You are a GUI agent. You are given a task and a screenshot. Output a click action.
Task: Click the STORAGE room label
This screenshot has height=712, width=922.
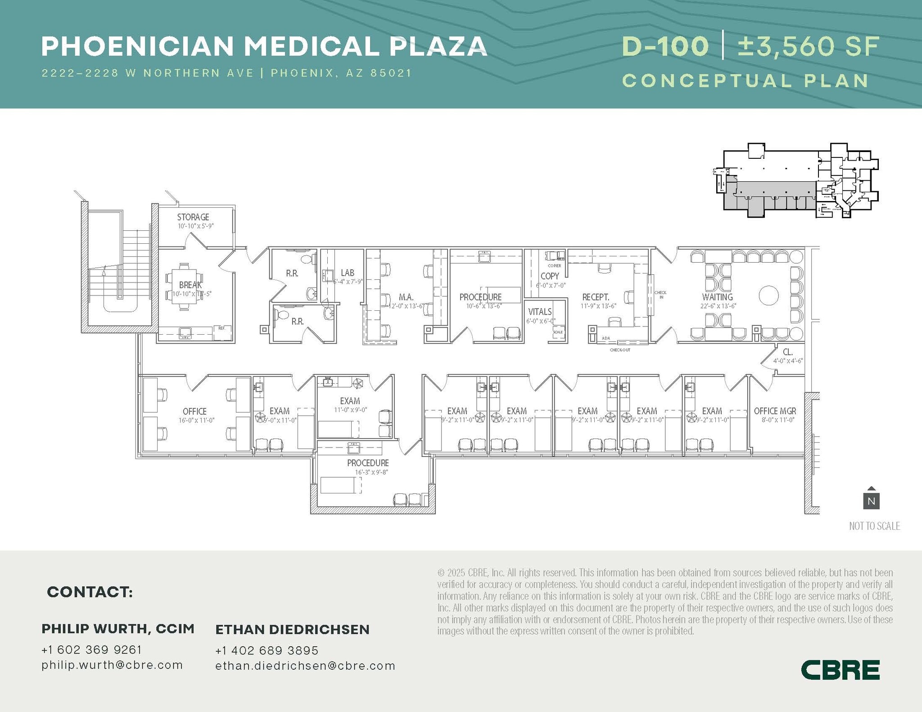click(193, 217)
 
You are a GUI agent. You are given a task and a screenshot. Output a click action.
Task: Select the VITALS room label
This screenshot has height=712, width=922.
click(540, 312)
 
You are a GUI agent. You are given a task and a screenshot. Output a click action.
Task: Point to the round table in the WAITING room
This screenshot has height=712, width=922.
click(768, 296)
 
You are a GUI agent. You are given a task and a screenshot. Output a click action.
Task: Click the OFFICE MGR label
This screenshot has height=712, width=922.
click(775, 411)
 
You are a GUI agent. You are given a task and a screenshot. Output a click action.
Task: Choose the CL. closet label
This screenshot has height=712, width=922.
click(787, 352)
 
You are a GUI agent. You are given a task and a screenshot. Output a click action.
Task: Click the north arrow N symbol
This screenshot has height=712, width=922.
click(871, 500)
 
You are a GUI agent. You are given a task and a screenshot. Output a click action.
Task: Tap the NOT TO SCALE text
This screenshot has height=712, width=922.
click(874, 526)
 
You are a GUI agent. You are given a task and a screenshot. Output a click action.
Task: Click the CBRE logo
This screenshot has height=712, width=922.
click(840, 670)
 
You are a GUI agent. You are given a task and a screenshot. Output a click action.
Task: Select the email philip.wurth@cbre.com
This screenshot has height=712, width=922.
click(112, 665)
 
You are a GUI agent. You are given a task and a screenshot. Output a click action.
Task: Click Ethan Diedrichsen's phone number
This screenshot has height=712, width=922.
click(267, 650)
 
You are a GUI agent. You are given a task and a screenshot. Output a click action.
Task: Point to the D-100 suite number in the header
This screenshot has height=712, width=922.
click(665, 46)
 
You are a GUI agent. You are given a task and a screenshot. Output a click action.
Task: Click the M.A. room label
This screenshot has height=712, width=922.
click(406, 297)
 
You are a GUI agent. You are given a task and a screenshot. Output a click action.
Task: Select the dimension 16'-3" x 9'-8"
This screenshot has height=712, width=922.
click(371, 472)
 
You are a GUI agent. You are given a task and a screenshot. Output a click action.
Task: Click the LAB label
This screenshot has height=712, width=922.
click(347, 273)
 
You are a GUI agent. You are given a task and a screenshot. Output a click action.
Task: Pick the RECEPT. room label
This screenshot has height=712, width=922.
click(595, 297)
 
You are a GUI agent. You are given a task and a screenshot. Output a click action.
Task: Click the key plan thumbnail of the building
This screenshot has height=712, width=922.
click(795, 181)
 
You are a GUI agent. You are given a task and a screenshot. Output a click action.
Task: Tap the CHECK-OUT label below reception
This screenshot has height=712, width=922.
click(620, 350)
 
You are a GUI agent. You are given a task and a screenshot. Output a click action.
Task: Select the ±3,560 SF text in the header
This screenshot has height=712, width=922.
click(809, 46)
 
